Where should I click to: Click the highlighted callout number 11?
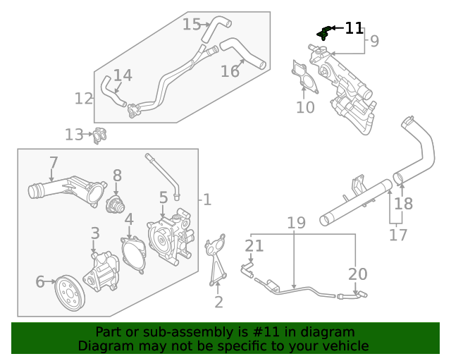(x=354, y=28)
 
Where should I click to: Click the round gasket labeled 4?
(x=133, y=253)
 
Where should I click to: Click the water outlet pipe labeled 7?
(x=67, y=192)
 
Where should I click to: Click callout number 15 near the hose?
(x=192, y=25)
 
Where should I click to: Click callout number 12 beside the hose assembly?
(x=84, y=99)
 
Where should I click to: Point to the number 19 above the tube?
(x=296, y=224)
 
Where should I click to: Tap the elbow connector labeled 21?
(x=247, y=269)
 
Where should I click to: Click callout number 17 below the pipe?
(x=398, y=235)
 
